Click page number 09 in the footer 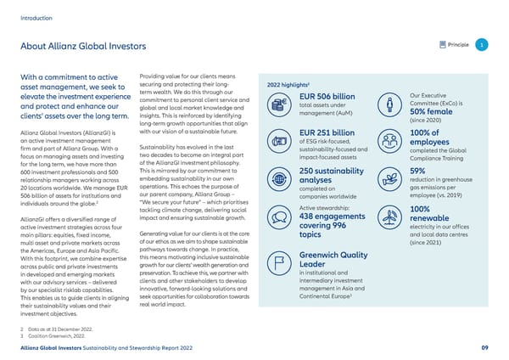tap(483, 347)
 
